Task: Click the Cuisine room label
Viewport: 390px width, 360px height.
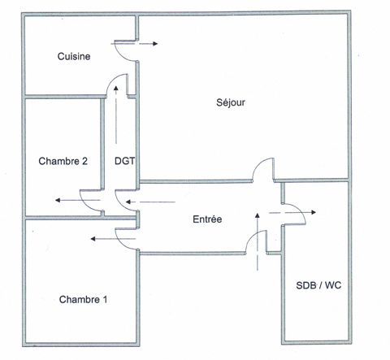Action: pyautogui.click(x=74, y=56)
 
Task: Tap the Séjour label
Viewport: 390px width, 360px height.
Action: pyautogui.click(x=231, y=102)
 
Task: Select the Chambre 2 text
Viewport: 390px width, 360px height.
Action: pyautogui.click(x=63, y=161)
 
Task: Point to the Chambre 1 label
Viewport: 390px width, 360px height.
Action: pyautogui.click(x=83, y=299)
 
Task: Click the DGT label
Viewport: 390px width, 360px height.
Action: pyautogui.click(x=124, y=161)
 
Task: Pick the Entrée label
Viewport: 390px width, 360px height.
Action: pyautogui.click(x=207, y=219)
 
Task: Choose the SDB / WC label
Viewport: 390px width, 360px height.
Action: pyautogui.click(x=318, y=285)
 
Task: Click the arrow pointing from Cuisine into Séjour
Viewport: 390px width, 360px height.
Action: pyautogui.click(x=134, y=44)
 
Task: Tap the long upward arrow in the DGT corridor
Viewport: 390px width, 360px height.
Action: pyautogui.click(x=116, y=115)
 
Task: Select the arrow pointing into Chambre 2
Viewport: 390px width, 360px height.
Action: pyautogui.click(x=78, y=201)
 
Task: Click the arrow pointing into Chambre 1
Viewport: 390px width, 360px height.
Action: pyautogui.click(x=113, y=239)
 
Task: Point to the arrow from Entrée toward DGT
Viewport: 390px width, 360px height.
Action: pyautogui.click(x=150, y=202)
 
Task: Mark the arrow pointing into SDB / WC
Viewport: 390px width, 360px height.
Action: pyautogui.click(x=292, y=212)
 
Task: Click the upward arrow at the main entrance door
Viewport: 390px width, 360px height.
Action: pyautogui.click(x=258, y=241)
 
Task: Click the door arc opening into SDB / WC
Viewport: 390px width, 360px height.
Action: pyautogui.click(x=300, y=210)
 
